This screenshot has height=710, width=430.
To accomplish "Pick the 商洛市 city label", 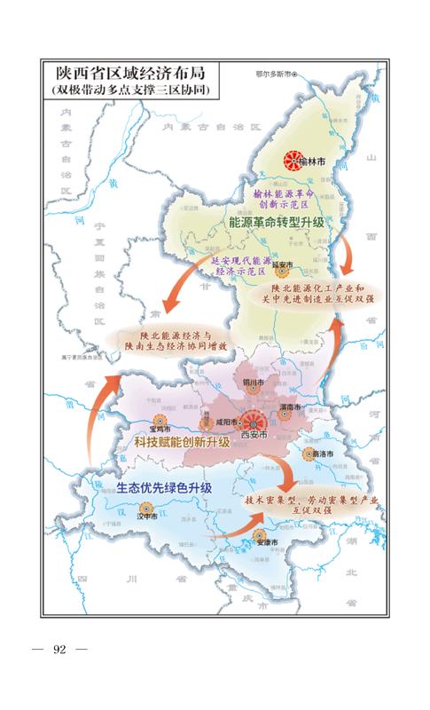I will (x=324, y=454).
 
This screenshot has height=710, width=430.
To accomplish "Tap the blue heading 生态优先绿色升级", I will (x=164, y=488).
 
